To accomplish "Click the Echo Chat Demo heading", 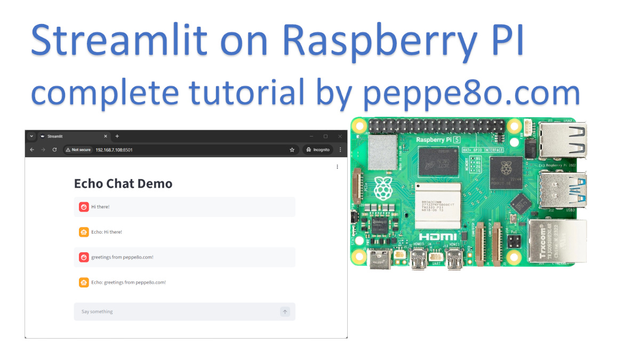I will tap(123, 183).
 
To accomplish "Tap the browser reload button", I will tap(54, 150).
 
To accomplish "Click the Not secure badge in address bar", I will tap(78, 150).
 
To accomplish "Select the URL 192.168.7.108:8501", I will tap(114, 150).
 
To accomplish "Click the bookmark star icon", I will tap(292, 150).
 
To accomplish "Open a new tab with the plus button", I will tap(117, 137).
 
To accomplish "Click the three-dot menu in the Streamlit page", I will tap(337, 167).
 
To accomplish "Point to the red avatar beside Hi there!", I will tap(84, 207).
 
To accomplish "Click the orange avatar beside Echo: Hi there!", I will tap(84, 232).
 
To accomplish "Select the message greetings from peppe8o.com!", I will tap(122, 257).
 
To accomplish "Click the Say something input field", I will tap(176, 311).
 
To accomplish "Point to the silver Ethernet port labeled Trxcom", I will tap(557, 240).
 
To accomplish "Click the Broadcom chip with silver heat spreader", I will tap(438, 205).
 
